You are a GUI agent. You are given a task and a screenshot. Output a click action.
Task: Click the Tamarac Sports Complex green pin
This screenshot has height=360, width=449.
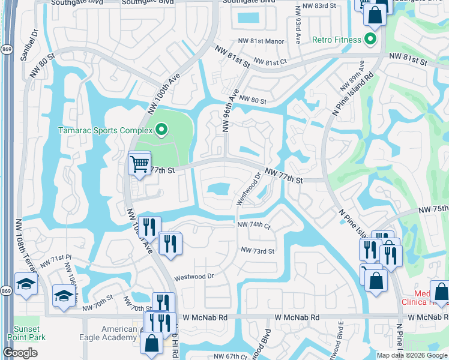161,129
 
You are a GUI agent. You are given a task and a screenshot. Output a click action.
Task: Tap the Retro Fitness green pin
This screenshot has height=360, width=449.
370,40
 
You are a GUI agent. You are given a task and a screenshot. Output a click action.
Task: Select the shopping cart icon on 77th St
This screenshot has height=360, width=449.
139,163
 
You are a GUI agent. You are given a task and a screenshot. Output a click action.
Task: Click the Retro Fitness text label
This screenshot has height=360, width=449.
337,40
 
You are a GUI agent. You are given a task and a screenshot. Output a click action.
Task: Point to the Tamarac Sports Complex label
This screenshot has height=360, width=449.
105,130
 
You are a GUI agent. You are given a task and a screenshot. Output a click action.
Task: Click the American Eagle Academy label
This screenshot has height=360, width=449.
110,333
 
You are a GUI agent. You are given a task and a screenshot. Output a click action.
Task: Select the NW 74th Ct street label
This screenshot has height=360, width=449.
254,225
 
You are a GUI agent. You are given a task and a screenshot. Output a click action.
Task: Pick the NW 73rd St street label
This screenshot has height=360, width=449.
258,251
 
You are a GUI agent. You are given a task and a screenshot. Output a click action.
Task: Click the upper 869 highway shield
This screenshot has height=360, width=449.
6,50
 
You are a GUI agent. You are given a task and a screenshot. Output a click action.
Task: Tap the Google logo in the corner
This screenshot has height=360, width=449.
20,353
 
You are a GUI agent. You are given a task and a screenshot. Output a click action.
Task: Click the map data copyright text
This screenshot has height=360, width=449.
412,355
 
